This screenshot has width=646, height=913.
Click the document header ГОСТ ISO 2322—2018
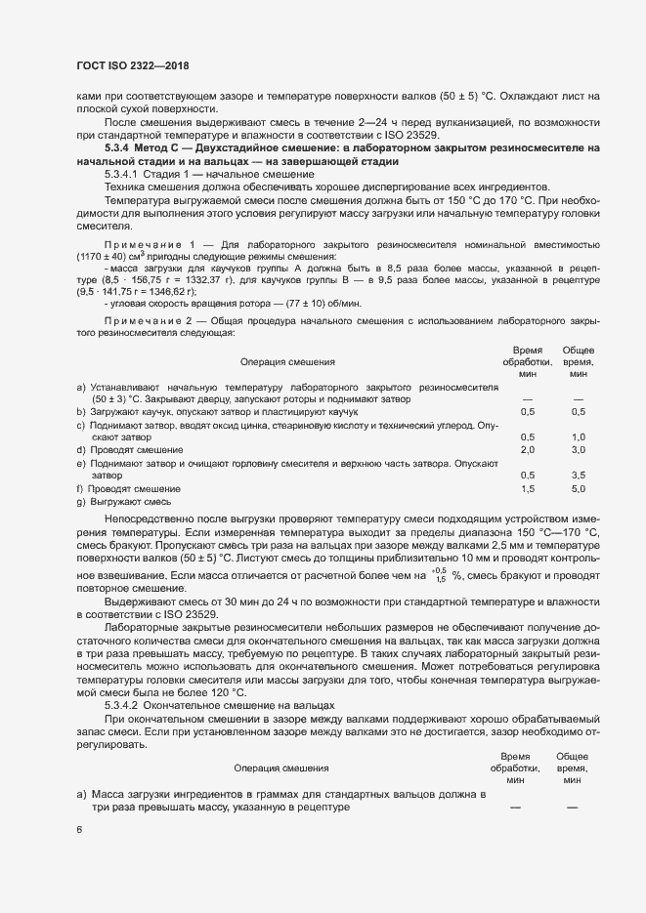(132, 65)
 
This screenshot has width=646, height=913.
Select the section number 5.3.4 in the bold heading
(119, 147)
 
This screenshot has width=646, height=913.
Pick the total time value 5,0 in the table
(578, 487)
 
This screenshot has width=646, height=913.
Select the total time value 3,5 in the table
(578, 475)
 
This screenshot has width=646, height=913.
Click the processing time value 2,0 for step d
(528, 449)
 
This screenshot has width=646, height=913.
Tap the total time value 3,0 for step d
(578, 449)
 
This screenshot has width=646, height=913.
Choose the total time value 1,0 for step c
(578, 436)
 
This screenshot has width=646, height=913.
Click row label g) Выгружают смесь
(116, 500)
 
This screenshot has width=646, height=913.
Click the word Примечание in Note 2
(141, 321)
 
